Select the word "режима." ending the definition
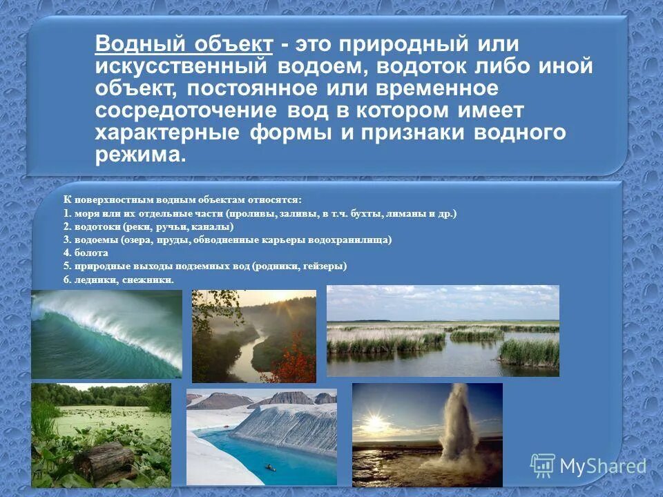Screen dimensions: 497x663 coord(141,155)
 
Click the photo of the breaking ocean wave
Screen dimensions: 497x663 coord(106,333)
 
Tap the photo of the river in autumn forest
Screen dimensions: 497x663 coord(253,335)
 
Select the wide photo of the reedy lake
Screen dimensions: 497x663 coord(442,331)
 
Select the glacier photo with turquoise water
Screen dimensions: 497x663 coord(262,436)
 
